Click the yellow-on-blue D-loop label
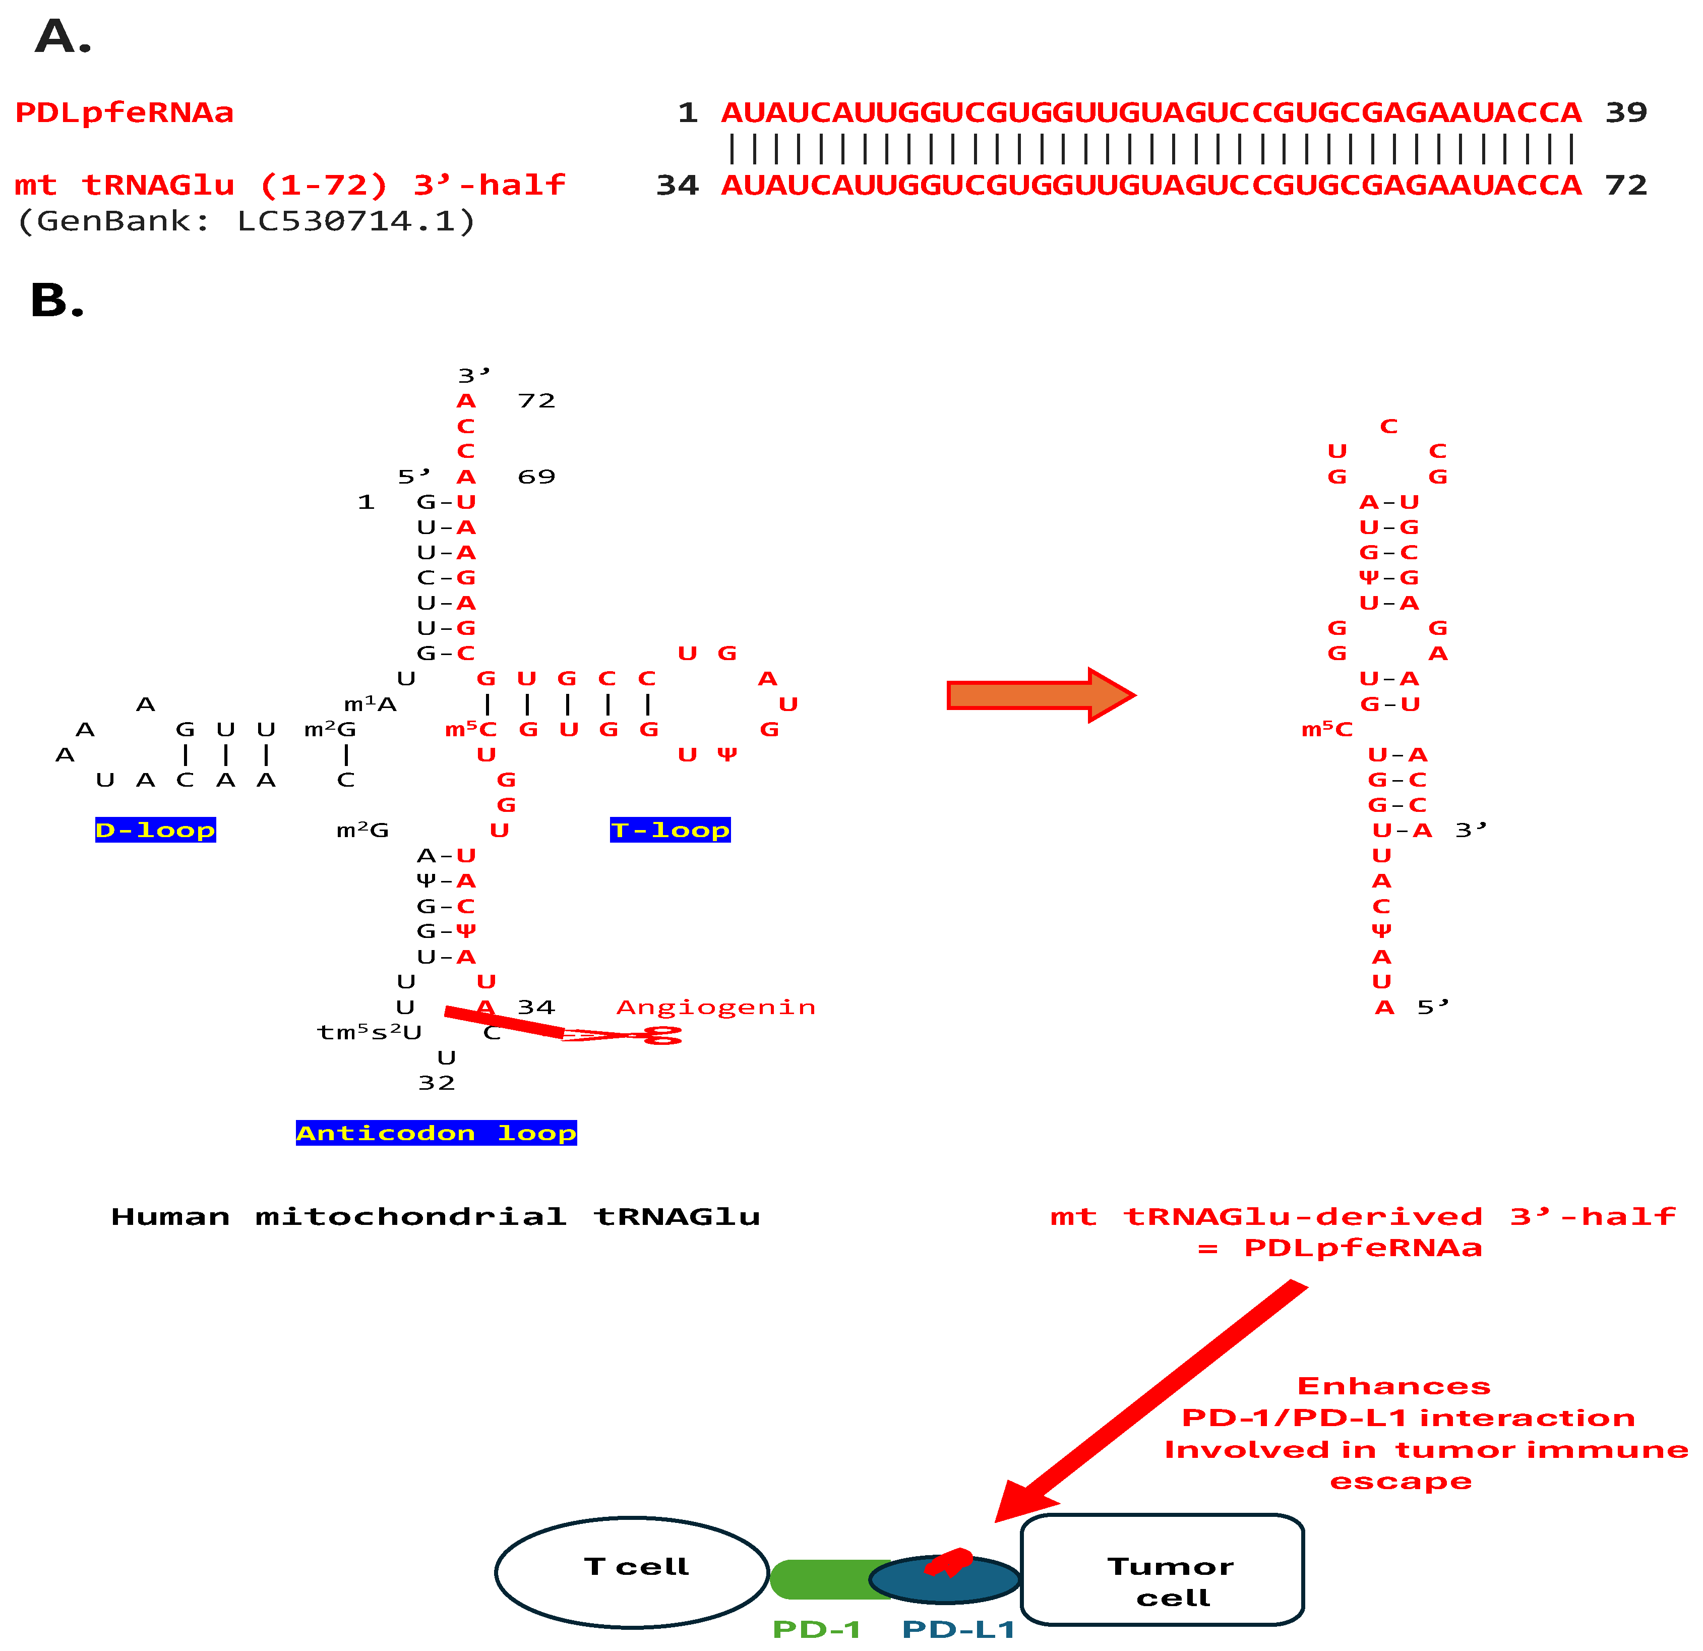(x=156, y=830)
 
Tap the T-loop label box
(x=670, y=830)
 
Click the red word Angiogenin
(x=716, y=1007)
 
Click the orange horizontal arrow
(x=1040, y=695)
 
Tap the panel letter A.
(x=63, y=37)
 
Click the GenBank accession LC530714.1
(x=357, y=221)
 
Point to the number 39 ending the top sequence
(x=1626, y=112)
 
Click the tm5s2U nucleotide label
(x=369, y=1032)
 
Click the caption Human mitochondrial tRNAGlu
(x=435, y=1216)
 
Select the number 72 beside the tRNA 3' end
(x=536, y=400)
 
